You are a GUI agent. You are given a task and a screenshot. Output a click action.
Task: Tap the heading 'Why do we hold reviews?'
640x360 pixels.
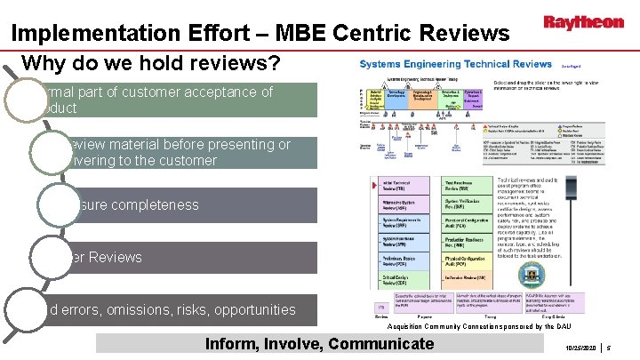(x=150, y=65)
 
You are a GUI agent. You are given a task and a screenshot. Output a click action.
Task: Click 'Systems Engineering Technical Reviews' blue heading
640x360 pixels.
(x=455, y=64)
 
